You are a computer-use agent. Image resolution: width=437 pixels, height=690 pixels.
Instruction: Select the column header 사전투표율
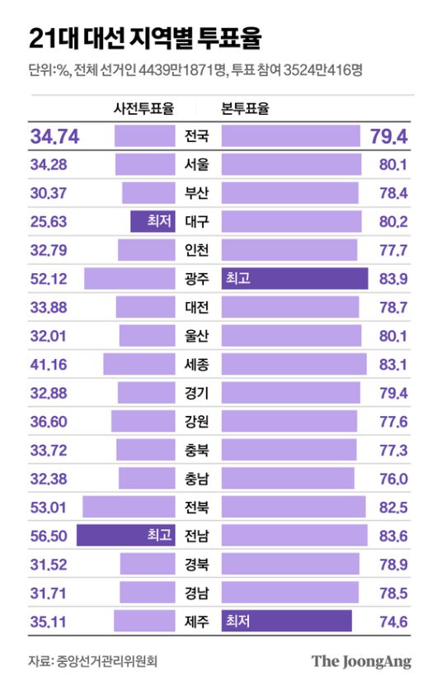click(143, 108)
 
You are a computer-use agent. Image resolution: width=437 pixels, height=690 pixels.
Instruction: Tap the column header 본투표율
click(247, 108)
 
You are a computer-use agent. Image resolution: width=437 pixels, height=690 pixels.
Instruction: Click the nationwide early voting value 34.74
click(54, 136)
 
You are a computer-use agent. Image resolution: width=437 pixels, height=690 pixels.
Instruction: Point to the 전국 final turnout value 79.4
click(388, 136)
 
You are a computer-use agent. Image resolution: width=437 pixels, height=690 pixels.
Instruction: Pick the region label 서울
click(198, 164)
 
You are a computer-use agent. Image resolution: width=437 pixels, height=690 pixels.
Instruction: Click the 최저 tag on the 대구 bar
click(159, 221)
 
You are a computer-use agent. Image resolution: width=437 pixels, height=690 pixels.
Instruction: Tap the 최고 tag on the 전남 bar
click(159, 536)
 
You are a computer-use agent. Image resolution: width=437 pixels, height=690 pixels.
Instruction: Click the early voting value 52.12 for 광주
click(48, 278)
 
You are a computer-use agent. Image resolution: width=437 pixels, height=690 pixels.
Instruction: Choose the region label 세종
click(198, 364)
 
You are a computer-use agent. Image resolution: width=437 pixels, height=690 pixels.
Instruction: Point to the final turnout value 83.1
click(393, 364)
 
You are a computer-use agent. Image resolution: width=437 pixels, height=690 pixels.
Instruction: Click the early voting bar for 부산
click(148, 193)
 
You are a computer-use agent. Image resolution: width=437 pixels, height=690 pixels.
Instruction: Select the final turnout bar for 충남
click(288, 479)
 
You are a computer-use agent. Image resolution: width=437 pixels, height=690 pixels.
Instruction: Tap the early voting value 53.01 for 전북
click(48, 507)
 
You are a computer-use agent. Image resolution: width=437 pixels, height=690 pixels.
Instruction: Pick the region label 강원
click(198, 421)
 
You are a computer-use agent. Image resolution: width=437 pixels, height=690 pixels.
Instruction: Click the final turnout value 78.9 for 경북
click(393, 565)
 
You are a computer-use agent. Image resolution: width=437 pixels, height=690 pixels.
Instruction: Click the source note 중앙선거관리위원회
click(106, 661)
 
